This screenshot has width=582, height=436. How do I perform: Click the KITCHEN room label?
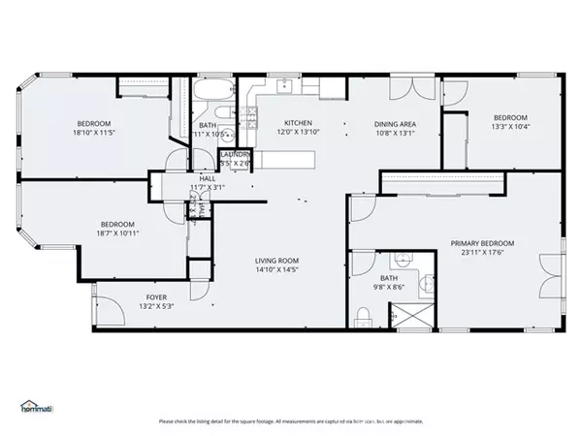point(297,123)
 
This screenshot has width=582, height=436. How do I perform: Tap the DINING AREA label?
point(395,123)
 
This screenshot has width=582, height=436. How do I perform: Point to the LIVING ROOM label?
point(276,261)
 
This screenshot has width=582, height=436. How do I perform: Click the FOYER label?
point(157,297)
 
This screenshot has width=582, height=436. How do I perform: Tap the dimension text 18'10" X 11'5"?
point(95,134)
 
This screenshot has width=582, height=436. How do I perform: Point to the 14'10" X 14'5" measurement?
point(276,271)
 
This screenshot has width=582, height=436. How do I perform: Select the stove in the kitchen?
point(250,118)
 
